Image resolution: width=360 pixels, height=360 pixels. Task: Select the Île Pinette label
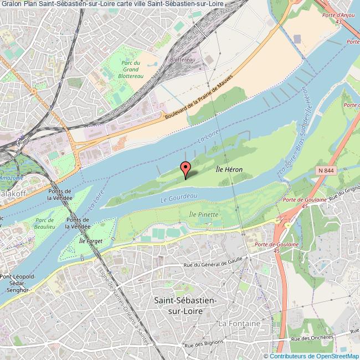click(204, 214)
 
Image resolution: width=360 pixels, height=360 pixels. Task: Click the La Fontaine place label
click(239, 322)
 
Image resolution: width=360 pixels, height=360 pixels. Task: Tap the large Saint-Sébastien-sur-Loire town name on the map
click(185, 305)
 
